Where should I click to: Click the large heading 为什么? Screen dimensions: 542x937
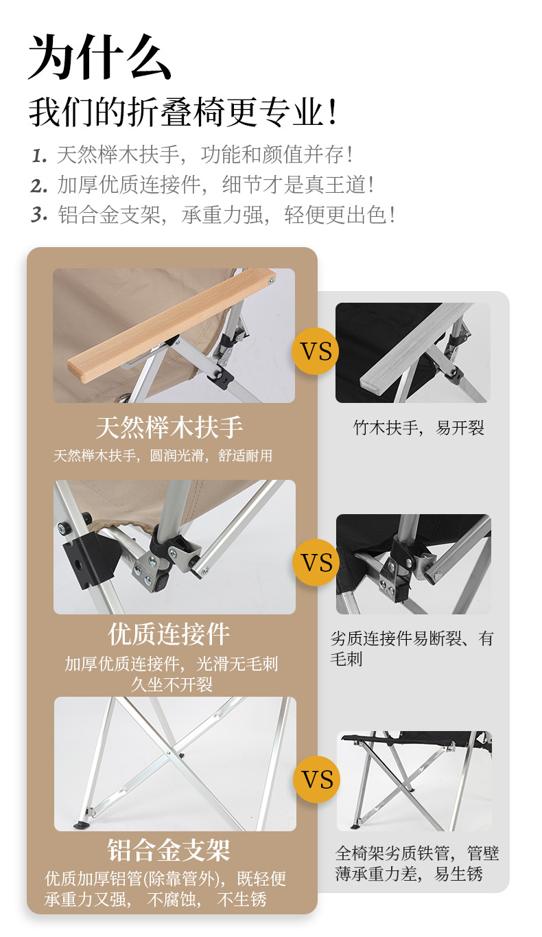tap(99, 57)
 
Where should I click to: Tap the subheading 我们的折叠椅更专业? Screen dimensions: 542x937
tap(182, 112)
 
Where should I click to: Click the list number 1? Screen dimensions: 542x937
tap(39, 156)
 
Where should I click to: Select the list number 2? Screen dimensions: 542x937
tap(39, 186)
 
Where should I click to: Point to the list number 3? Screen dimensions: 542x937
tap(39, 216)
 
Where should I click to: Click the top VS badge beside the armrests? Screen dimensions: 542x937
tap(316, 351)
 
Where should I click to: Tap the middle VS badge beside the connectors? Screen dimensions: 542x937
tap(316, 562)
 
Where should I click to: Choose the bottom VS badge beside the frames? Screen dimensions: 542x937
tap(316, 779)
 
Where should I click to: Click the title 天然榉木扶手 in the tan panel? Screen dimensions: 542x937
tap(169, 428)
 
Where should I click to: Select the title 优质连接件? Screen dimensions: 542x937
tap(169, 634)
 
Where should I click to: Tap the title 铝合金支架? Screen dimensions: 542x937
tap(169, 850)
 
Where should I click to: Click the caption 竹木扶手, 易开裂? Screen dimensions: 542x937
tap(419, 428)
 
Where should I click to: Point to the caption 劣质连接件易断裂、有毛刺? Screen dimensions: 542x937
tap(412, 649)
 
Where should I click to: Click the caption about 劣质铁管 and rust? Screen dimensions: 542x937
tap(417, 863)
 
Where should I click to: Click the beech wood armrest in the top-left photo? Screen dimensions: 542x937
tap(172, 325)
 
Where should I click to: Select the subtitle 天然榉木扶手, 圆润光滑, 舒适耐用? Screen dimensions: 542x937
tap(163, 456)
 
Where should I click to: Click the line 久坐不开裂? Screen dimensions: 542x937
tap(172, 685)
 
